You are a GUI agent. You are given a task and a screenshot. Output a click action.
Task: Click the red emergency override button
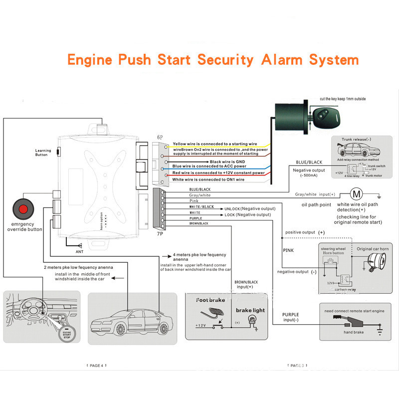tap(22, 207)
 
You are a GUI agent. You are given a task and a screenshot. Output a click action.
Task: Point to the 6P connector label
tap(160, 137)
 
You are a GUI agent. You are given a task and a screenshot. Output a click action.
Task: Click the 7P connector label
tap(160, 232)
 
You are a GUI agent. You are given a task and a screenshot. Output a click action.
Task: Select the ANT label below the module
tap(80, 252)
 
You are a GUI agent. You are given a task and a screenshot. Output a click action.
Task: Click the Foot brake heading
tap(210, 300)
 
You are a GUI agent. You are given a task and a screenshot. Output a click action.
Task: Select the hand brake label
tap(354, 332)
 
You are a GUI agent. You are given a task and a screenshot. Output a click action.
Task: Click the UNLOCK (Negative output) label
tap(249, 208)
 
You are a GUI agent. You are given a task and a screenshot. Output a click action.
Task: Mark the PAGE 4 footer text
tap(96, 366)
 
